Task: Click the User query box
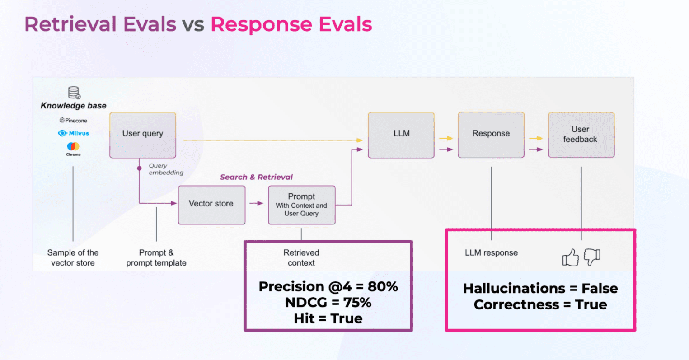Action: pyautogui.click(x=142, y=135)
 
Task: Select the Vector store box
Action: pyautogui.click(x=211, y=204)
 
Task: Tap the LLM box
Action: pyautogui.click(x=401, y=135)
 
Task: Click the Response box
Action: pyautogui.click(x=491, y=135)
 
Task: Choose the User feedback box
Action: pyautogui.click(x=581, y=135)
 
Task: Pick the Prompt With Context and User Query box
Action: pyautogui.click(x=302, y=205)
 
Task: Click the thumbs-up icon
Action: pyautogui.click(x=570, y=257)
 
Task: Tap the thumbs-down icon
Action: pyautogui.click(x=592, y=257)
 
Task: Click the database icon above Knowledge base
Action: pyautogui.click(x=74, y=93)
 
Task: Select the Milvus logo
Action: pyautogui.click(x=74, y=133)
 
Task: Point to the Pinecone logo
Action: pyautogui.click(x=73, y=121)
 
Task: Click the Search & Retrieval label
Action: pyautogui.click(x=256, y=177)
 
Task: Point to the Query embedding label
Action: pyautogui.click(x=166, y=169)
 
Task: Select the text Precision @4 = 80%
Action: pyautogui.click(x=328, y=287)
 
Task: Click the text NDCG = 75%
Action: pyautogui.click(x=328, y=303)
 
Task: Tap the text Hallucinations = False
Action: pyautogui.click(x=540, y=289)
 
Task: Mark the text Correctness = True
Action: pyautogui.click(x=540, y=305)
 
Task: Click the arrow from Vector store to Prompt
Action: pyautogui.click(x=257, y=203)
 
